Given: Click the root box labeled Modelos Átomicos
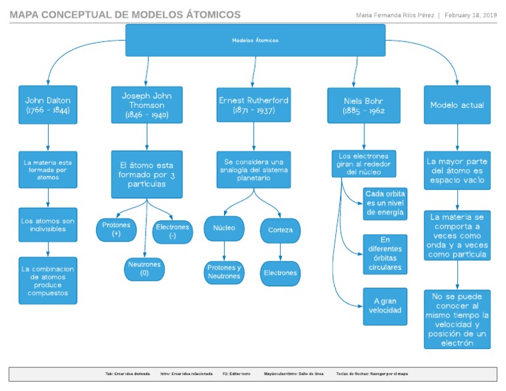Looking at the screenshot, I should coord(255,40).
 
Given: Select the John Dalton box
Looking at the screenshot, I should coord(47,105).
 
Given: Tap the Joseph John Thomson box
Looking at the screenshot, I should coord(146,105).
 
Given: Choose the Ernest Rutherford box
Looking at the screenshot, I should coord(253,105).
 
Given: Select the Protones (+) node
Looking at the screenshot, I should coord(117,229).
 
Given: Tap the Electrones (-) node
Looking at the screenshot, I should coord(173,231).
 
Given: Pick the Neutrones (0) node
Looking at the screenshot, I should coord(144,269).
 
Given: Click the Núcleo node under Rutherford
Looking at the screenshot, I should coord(224,228).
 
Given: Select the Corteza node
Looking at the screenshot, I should coord(281,230).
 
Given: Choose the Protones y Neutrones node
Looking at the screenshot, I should coord(224,272).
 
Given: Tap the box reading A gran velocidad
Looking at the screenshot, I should coord(385,306).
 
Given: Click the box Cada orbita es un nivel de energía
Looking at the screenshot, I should coord(385,203).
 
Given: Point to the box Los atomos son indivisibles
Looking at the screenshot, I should coord(47,224).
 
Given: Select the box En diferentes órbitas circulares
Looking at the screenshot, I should coord(385,254).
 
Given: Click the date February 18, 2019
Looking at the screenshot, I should coord(471,15).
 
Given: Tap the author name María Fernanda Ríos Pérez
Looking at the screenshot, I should coord(395,15).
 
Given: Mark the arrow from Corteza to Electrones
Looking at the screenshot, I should coord(281,252).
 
